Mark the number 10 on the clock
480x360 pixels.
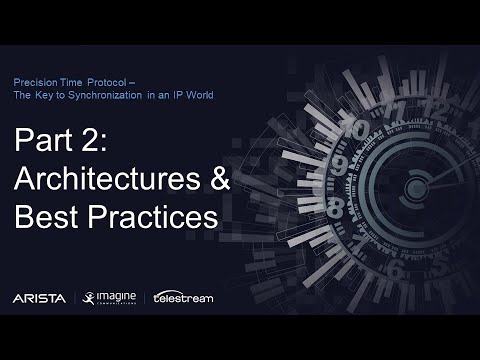pos(354,130)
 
